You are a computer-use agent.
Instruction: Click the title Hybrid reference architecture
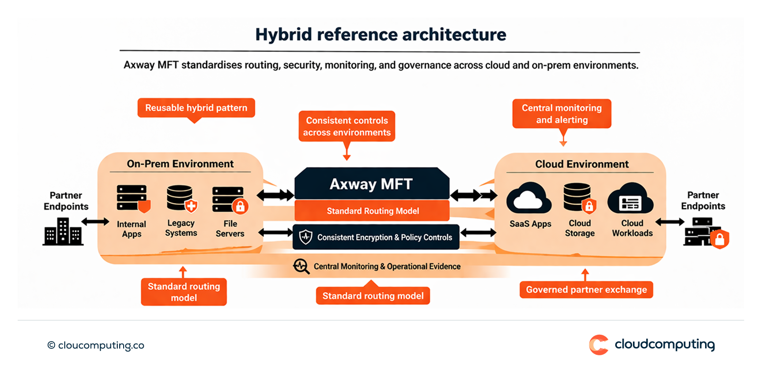[380, 35]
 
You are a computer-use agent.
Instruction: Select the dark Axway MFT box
[371, 184]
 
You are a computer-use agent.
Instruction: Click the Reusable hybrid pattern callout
[196, 107]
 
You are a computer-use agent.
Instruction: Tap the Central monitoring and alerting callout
[561, 114]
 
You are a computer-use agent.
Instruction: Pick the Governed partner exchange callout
[586, 290]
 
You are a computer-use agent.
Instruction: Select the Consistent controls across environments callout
[346, 126]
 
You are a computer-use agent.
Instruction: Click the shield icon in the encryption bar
[306, 237]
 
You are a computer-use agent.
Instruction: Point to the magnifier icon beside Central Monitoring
[300, 266]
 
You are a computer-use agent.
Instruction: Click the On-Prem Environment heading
[181, 164]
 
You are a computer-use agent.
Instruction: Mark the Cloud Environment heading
[581, 164]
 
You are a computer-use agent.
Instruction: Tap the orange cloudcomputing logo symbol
[599, 345]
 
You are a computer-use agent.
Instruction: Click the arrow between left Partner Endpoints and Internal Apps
[95, 222]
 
